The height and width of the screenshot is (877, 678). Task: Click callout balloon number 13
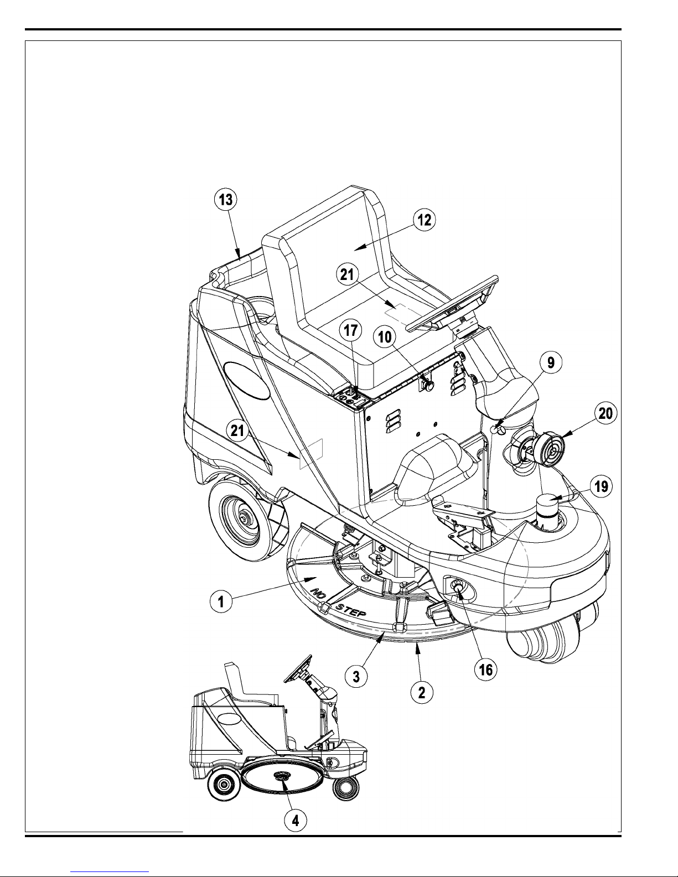(x=226, y=200)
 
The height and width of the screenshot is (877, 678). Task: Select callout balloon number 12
(x=424, y=220)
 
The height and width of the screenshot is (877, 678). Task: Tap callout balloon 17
(x=350, y=330)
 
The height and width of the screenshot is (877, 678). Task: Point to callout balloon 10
(x=385, y=336)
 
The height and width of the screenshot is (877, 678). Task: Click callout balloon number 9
(x=551, y=362)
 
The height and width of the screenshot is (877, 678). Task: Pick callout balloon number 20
(x=605, y=413)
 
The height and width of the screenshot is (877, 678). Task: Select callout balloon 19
(x=601, y=486)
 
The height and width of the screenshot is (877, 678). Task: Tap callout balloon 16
(x=486, y=670)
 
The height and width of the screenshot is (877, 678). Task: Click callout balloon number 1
(x=221, y=602)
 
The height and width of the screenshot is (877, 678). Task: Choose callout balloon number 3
(x=356, y=676)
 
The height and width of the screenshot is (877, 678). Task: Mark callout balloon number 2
(x=422, y=693)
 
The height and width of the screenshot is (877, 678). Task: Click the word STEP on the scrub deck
(x=351, y=613)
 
